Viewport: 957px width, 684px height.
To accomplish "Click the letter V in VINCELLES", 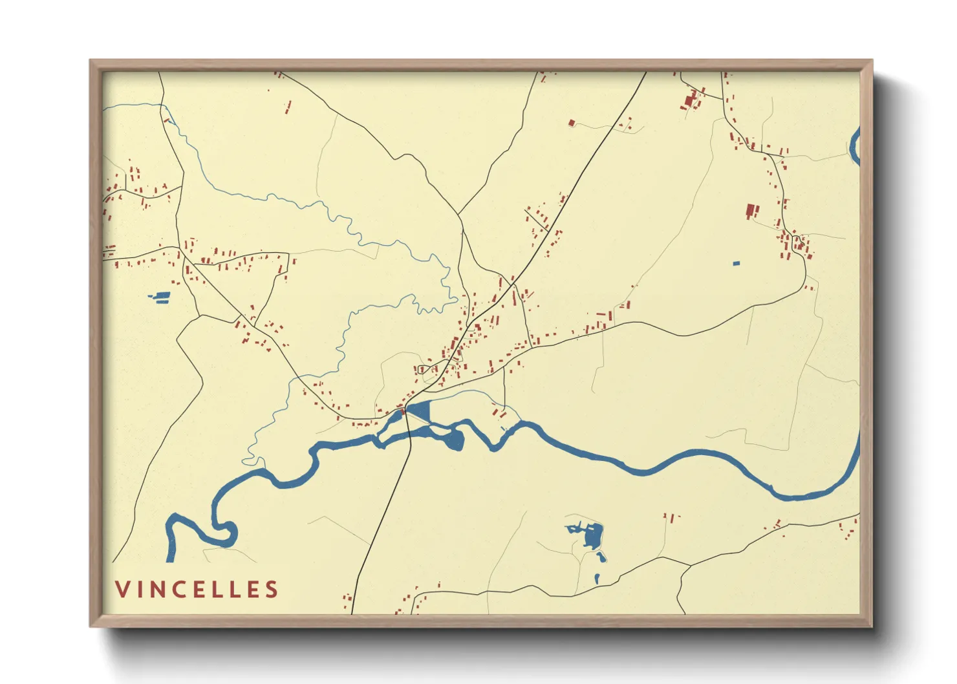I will pyautogui.click(x=122, y=589).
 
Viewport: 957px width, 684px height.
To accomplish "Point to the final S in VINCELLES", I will pyautogui.click(x=272, y=589).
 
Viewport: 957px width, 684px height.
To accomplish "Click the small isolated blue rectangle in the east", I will pyautogui.click(x=736, y=263).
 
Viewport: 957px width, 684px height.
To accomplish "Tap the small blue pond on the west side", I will pyautogui.click(x=161, y=297).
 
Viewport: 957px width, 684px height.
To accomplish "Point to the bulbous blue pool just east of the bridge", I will pyautogui.click(x=455, y=440).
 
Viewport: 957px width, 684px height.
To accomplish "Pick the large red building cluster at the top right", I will pyautogui.click(x=691, y=101).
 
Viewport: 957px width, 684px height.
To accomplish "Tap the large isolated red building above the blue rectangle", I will pyautogui.click(x=751, y=210).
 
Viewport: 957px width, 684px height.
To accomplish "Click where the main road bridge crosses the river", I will pyautogui.click(x=409, y=432).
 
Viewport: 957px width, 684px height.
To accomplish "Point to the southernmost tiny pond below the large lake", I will pyautogui.click(x=596, y=578).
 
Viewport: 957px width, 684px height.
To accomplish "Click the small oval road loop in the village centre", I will pyautogui.click(x=424, y=369).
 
